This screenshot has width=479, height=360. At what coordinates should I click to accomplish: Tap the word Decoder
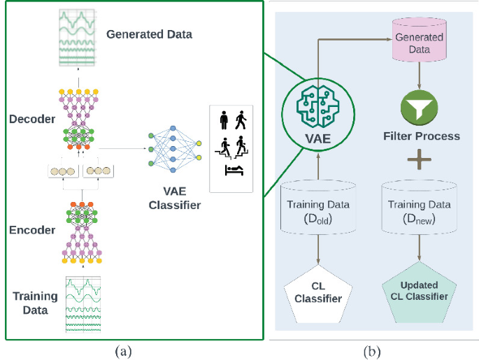[x=34, y=119]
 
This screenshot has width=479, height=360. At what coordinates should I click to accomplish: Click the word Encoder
[x=34, y=229]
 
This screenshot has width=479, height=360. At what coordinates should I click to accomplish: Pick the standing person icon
[x=224, y=120]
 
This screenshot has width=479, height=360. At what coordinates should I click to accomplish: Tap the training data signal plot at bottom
[x=83, y=304]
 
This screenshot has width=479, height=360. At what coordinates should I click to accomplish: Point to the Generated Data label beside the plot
[x=149, y=34]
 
